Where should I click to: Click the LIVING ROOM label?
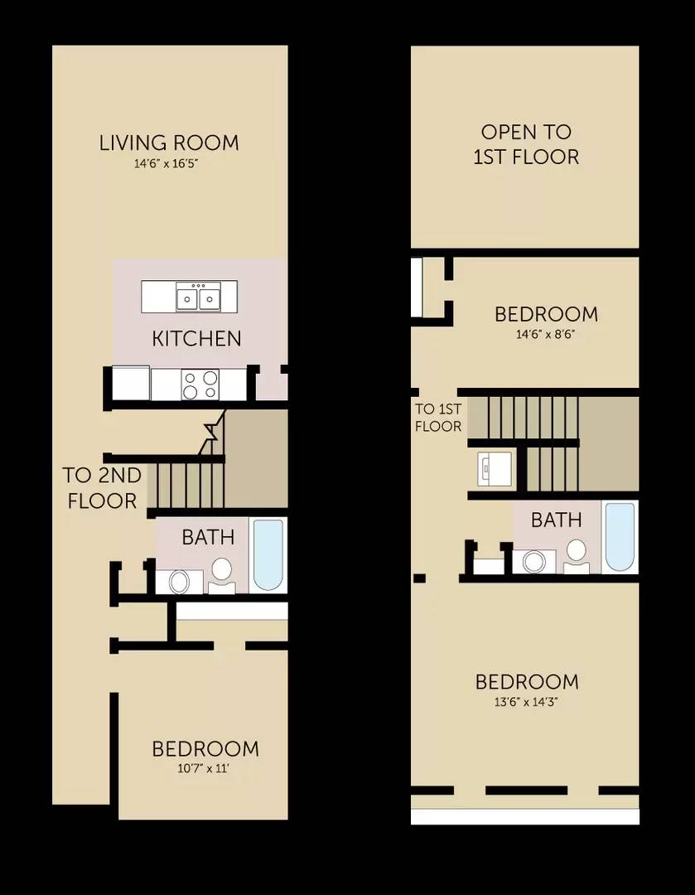tap(169, 143)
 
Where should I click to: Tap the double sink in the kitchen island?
tap(198, 296)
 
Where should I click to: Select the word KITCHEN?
tap(196, 338)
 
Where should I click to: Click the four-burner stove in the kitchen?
tap(200, 385)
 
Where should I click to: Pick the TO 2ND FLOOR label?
tap(101, 488)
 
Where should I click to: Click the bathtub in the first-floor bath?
tap(268, 553)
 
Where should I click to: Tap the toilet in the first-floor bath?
tap(221, 573)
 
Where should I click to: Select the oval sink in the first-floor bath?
tap(180, 581)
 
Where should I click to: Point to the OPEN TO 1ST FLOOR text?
tap(526, 144)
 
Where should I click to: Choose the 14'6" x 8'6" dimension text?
tap(546, 336)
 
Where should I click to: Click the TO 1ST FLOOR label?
tap(437, 418)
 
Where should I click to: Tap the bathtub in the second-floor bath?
tap(620, 536)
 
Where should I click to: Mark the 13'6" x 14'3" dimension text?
tap(526, 703)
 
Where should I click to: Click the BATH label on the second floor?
tap(556, 520)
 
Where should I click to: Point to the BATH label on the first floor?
tap(208, 537)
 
